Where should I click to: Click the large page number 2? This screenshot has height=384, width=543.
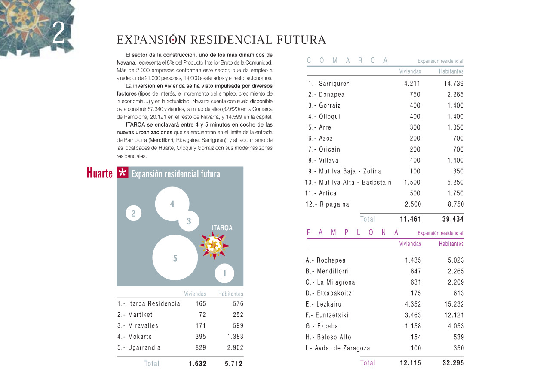[59, 33]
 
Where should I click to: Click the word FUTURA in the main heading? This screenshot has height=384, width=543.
[301, 40]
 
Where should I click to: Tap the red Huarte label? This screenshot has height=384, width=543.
[99, 173]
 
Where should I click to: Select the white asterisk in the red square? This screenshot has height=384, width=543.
[123, 173]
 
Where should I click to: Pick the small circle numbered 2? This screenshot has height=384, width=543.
[133, 213]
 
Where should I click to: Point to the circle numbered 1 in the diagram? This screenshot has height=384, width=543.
[224, 273]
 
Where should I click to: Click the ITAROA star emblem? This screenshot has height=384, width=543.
[214, 245]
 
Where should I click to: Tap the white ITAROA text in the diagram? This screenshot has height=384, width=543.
[222, 228]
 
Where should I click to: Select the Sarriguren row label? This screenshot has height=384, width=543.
[329, 84]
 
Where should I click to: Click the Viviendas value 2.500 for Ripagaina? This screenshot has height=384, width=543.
[413, 204]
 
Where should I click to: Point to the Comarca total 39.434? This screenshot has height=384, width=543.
[453, 219]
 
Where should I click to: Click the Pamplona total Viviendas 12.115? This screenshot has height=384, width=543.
[410, 363]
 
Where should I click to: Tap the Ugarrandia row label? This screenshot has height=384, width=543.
[139, 348]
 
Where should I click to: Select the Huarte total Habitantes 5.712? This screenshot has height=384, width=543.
[233, 364]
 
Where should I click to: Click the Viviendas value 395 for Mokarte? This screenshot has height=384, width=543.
[200, 337]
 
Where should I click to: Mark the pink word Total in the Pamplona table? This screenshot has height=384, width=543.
[368, 363]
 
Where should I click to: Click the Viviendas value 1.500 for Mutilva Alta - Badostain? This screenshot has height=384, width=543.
[412, 183]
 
